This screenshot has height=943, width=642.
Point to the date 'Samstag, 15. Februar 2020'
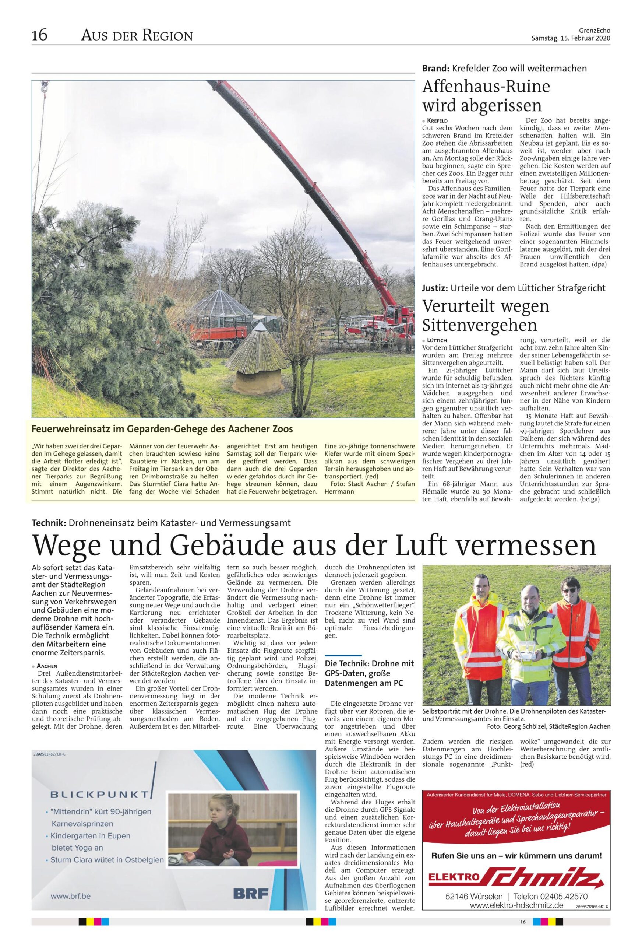click(x=571, y=38)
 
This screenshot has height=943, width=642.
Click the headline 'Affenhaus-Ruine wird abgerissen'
click(x=486, y=96)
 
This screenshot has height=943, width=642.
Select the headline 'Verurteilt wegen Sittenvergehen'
click(x=486, y=315)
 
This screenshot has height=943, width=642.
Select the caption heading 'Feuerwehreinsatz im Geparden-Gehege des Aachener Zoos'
click(x=162, y=429)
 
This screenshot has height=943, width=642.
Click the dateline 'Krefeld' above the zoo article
click(x=436, y=120)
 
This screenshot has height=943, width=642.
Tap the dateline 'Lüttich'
click(x=436, y=340)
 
